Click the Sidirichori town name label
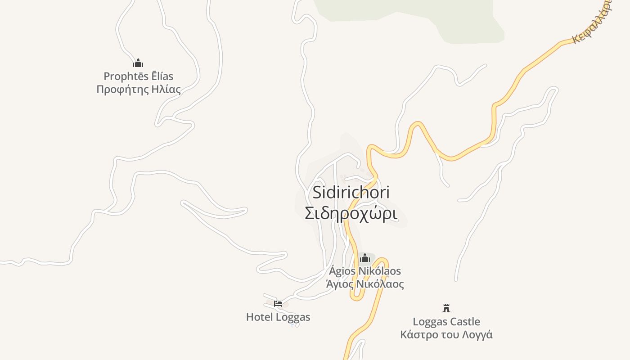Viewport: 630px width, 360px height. click(x=351, y=193)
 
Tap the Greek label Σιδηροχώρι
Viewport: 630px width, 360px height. click(x=351, y=214)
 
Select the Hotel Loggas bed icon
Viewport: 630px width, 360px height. click(x=278, y=303)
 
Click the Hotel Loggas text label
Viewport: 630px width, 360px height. click(x=278, y=317)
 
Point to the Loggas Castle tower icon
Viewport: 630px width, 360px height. click(x=446, y=308)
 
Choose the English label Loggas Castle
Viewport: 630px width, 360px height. click(x=446, y=322)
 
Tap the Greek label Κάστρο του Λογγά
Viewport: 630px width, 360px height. click(x=446, y=335)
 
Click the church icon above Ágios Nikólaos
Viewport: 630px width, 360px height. click(x=365, y=258)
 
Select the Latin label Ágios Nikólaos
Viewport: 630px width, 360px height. click(x=365, y=271)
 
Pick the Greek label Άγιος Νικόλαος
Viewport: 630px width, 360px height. click(x=365, y=284)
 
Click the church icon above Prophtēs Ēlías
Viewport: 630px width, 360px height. click(x=138, y=63)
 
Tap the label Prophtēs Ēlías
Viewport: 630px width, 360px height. click(x=138, y=76)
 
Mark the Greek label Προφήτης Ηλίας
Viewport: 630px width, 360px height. click(x=139, y=89)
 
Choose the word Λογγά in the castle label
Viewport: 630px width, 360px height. click(x=478, y=335)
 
